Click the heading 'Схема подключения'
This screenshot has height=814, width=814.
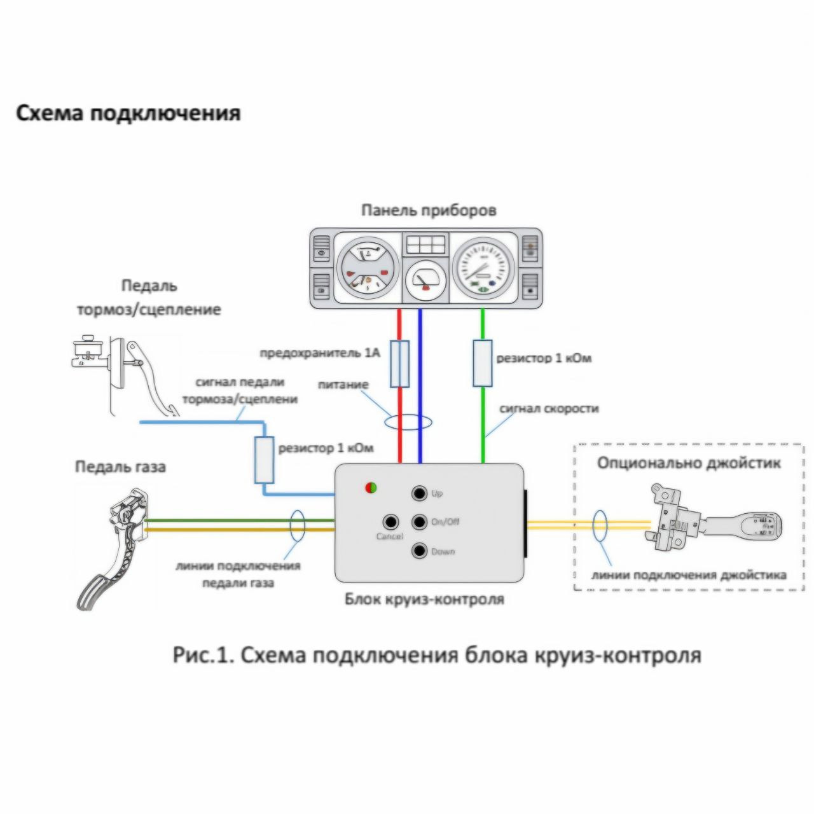[x=128, y=114]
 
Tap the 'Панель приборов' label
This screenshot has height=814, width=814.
[x=428, y=210]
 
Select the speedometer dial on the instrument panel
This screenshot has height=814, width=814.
[x=483, y=267]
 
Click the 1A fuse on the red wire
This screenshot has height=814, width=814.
[x=399, y=363]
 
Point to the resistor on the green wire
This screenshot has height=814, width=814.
[x=483, y=363]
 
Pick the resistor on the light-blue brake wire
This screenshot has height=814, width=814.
[x=263, y=459]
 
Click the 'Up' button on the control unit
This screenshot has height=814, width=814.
[x=419, y=493]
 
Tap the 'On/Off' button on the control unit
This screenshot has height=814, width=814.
[x=419, y=521]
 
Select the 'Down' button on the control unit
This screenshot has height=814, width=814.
[x=419, y=551]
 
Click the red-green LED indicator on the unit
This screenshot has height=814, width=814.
[x=370, y=488]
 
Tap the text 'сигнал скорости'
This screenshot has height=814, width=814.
[x=549, y=408]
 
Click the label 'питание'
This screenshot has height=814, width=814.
[x=343, y=385]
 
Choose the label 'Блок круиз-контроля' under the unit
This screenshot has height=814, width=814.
[x=424, y=599]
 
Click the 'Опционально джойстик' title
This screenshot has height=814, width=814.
[x=688, y=462]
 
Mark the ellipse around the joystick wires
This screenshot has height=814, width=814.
[x=598, y=525]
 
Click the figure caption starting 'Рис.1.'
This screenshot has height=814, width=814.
[x=436, y=655]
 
